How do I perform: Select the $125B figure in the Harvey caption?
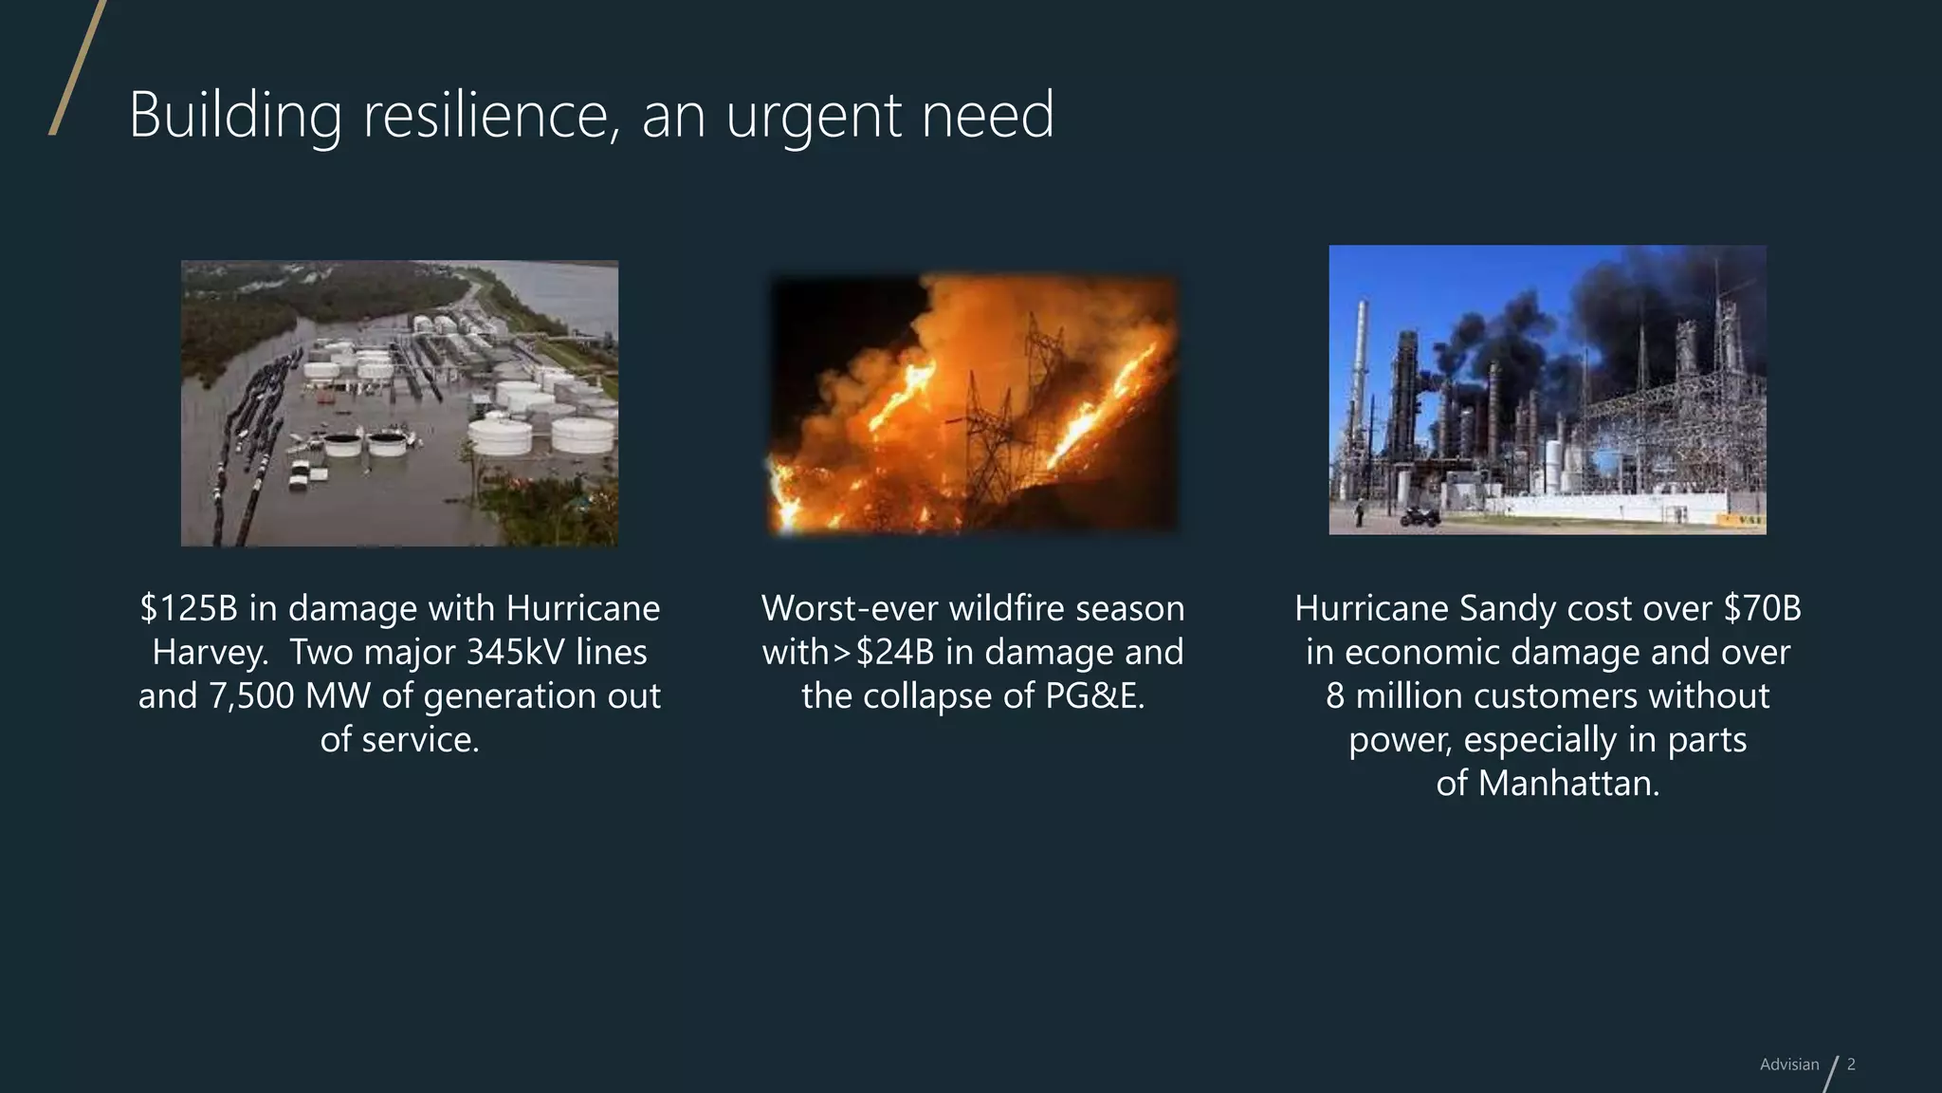coord(189,608)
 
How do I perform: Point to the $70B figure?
coord(1763,608)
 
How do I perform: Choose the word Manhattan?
coord(1568,784)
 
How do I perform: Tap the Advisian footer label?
coord(1789,1065)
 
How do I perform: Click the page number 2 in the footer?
coord(1851,1065)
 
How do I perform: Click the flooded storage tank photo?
coord(399,403)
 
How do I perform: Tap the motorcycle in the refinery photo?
coord(1420,517)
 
